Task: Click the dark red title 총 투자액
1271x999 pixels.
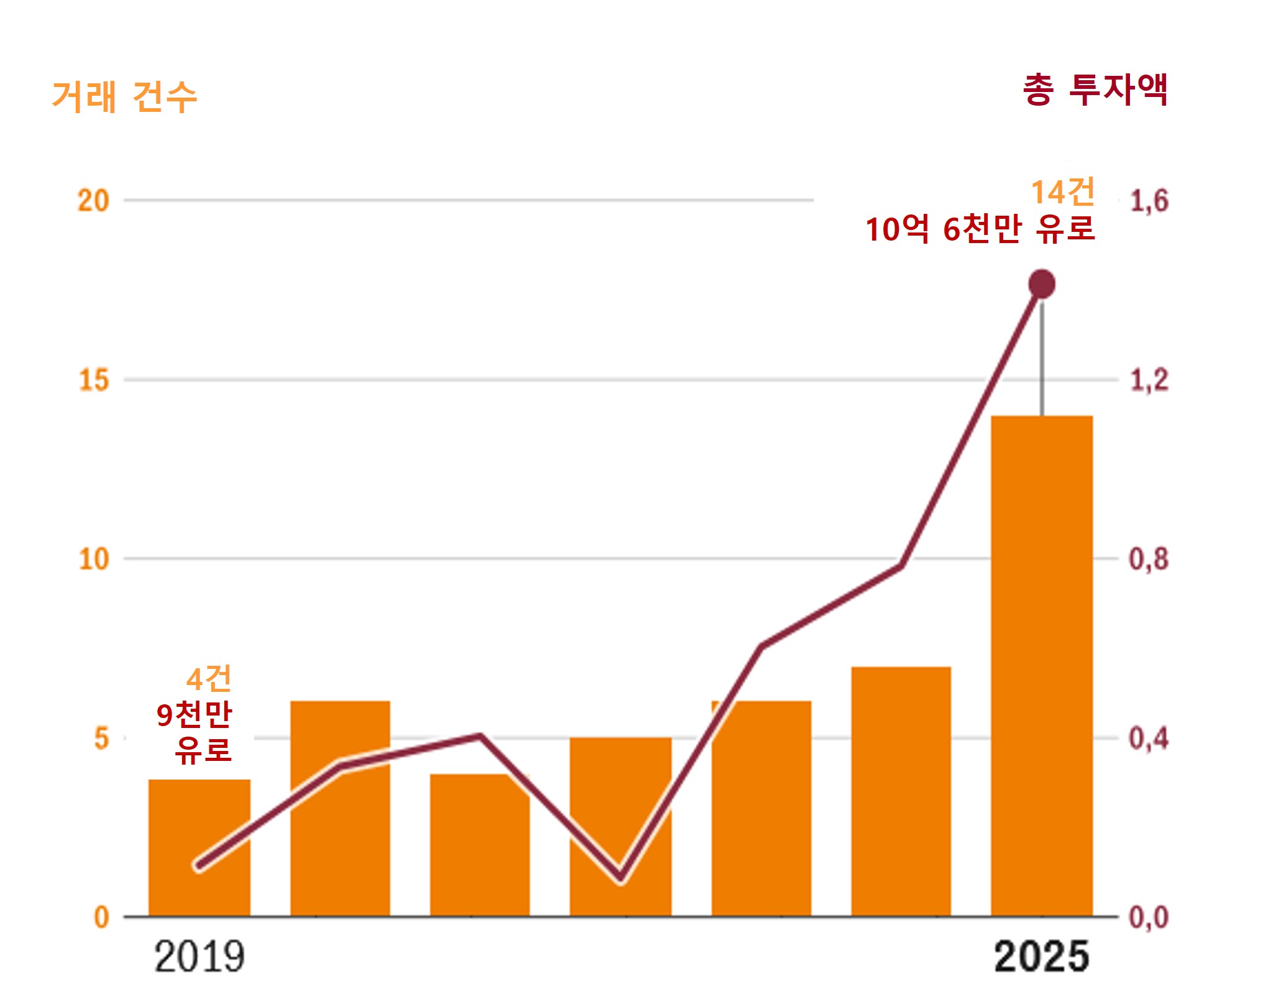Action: point(1096,90)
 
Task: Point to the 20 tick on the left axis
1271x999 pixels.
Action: point(93,201)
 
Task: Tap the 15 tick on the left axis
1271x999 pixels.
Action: point(94,380)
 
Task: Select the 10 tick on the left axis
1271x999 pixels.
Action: point(94,559)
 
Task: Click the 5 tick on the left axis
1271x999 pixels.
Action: point(101,739)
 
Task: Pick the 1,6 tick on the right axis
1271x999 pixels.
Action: point(1149,201)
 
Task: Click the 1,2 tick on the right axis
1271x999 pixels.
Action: point(1149,380)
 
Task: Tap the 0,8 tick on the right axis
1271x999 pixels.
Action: point(1149,559)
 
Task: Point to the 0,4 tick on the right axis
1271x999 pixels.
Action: point(1149,739)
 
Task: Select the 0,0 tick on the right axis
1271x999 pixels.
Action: point(1149,918)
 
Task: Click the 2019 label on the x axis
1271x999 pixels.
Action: point(199,957)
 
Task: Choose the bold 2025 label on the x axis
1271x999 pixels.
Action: point(1042,957)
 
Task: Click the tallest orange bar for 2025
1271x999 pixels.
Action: point(1042,665)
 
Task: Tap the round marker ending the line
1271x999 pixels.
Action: point(1042,284)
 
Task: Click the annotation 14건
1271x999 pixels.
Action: point(1063,192)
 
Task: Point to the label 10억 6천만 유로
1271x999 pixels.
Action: point(980,229)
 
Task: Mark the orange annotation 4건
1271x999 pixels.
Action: point(209,678)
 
